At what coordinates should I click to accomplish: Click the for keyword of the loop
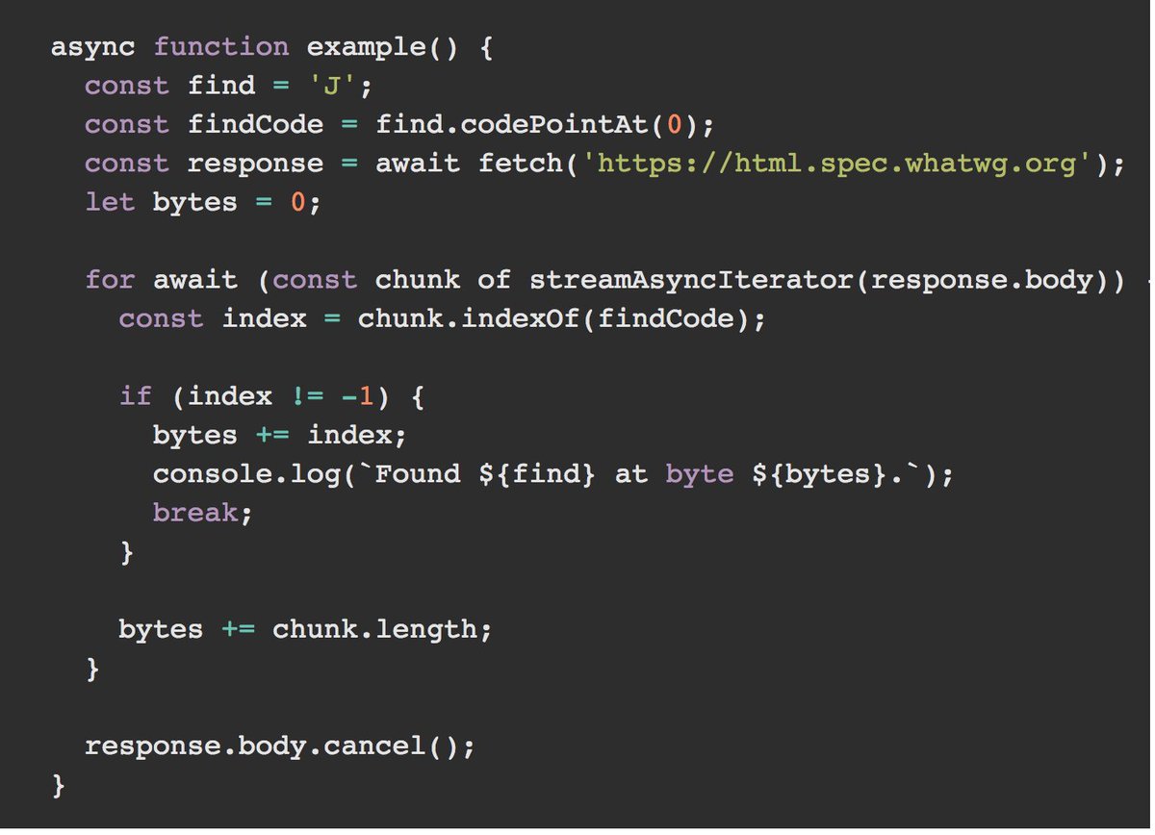110,280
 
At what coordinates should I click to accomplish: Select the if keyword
136,395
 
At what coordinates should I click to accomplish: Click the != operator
307,395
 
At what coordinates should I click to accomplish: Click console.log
246,473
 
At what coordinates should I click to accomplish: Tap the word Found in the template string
417,473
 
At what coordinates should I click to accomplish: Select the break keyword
195,513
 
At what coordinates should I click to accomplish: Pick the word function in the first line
221,47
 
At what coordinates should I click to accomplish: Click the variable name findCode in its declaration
255,125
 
